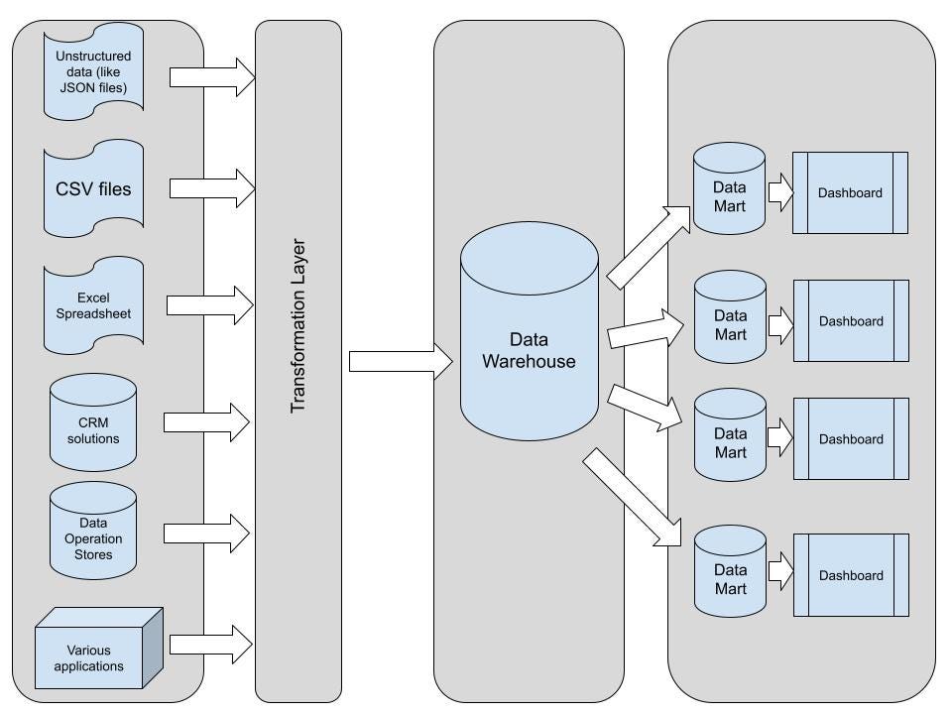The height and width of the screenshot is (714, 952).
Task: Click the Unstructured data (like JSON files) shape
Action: (94, 71)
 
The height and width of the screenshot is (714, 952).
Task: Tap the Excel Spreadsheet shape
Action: (94, 304)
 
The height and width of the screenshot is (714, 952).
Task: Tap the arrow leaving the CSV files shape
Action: (211, 187)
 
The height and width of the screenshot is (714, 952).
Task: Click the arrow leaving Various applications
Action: (211, 644)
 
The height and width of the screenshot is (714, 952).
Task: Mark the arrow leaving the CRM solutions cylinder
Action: (206, 422)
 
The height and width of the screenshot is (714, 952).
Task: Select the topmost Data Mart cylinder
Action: (730, 188)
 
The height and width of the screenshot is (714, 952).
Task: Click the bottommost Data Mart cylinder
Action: (730, 576)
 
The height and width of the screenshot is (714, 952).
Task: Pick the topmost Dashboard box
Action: (850, 192)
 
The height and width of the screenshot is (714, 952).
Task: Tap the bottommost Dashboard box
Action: (850, 575)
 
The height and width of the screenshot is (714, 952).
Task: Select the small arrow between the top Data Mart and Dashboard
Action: (779, 192)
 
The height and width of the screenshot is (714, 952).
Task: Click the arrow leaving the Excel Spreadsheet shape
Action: (209, 305)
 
